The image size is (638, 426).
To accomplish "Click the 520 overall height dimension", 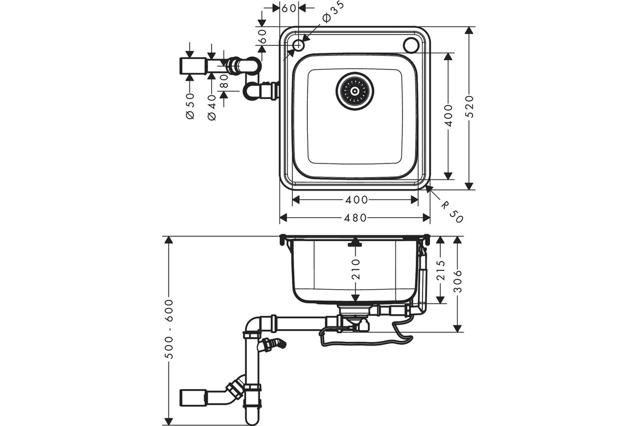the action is click(x=469, y=106).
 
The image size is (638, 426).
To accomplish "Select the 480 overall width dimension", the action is click(x=356, y=218).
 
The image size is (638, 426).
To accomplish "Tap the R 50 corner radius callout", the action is click(x=452, y=212).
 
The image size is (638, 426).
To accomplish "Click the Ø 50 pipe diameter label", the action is click(x=190, y=106).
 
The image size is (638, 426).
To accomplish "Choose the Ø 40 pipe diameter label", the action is click(x=212, y=108).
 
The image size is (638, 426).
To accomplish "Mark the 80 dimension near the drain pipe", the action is click(x=224, y=81).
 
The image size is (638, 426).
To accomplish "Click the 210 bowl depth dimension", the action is click(x=356, y=269).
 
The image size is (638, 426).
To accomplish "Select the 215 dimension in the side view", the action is click(x=441, y=270).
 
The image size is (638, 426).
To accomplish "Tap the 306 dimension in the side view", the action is click(x=458, y=281).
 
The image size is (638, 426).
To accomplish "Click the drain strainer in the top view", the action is click(x=355, y=91).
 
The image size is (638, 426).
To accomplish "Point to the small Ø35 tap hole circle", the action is click(x=298, y=45).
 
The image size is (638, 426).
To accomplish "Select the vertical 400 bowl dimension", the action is click(x=448, y=116).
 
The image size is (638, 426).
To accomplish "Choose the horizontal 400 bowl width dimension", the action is click(x=356, y=200).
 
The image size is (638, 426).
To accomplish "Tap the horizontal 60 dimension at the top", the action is click(x=289, y=9).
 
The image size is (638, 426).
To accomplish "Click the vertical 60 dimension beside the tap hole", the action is click(x=262, y=36).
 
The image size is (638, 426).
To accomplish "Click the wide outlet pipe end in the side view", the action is click(x=192, y=397).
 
